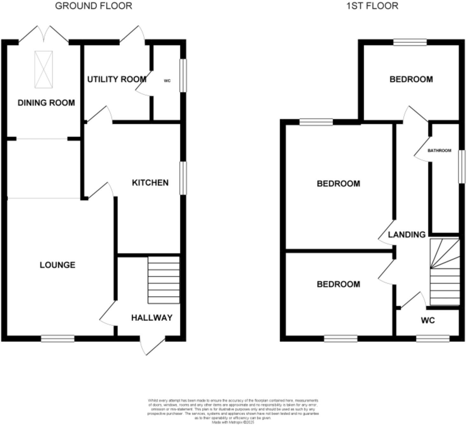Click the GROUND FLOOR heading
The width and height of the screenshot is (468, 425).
(x=93, y=6)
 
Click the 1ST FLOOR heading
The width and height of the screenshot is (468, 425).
(x=372, y=6)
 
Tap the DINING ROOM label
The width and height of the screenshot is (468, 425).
(x=46, y=103)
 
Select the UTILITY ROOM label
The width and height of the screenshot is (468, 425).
(x=117, y=79)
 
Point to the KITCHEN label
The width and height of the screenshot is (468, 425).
(x=150, y=183)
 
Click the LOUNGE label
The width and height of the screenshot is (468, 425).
(x=58, y=265)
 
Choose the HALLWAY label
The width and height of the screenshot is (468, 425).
(x=152, y=317)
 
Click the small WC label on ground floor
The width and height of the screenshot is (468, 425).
(x=167, y=81)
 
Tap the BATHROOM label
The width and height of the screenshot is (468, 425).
(x=439, y=150)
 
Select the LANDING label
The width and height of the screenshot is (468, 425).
(x=407, y=234)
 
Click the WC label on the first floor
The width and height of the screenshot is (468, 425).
(x=428, y=320)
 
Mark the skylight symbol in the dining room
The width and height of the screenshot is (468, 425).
(x=44, y=69)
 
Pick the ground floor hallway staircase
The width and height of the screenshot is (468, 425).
(x=164, y=280)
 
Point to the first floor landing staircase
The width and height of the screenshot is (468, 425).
(x=445, y=272)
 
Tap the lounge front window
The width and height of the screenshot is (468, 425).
(x=58, y=339)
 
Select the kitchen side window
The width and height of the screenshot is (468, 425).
(x=183, y=178)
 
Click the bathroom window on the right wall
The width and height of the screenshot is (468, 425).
(x=461, y=166)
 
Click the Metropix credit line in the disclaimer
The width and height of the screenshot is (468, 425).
(x=233, y=422)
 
